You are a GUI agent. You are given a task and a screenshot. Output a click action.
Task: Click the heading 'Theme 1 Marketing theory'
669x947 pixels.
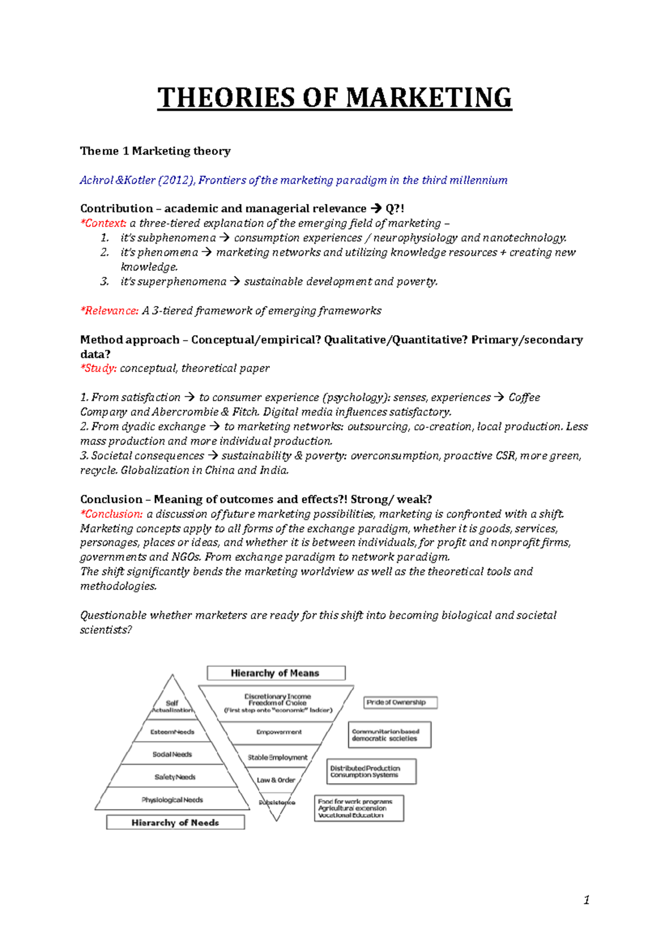155,151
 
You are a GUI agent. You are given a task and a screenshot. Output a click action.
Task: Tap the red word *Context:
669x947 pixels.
104,223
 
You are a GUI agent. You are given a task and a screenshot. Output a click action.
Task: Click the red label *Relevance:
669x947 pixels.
109,311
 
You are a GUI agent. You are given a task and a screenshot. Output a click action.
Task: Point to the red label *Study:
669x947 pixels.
99,369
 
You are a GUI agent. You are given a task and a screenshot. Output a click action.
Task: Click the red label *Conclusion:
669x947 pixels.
111,514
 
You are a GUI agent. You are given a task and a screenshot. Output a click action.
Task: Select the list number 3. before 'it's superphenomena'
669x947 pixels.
104,282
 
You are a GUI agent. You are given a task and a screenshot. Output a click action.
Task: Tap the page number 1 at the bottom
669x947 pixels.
586,900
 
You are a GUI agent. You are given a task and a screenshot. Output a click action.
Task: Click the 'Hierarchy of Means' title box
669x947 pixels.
275,673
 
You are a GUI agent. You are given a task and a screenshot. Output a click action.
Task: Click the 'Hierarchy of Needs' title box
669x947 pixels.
175,823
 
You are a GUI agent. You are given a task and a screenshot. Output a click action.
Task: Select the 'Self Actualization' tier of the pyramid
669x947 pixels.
172,707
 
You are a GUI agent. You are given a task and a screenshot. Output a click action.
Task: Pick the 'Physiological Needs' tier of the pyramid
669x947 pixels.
172,800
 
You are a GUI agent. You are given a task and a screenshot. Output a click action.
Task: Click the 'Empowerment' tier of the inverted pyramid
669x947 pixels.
279,732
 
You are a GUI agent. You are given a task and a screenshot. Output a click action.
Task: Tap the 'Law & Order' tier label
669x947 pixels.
276,780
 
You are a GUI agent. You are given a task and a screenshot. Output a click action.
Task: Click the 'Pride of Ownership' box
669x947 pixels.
400,703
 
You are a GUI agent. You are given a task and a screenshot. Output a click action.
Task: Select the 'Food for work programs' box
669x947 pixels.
358,808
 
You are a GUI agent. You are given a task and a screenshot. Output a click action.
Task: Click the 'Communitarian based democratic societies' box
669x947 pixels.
390,735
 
